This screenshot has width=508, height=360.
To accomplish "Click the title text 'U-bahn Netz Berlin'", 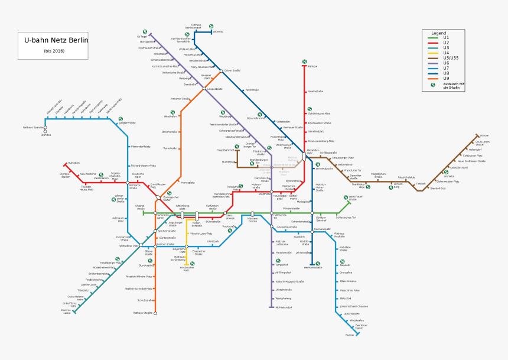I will (x=56, y=41).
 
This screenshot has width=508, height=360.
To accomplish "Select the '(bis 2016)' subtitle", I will (x=54, y=51).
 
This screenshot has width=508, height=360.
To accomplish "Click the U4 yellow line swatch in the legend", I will (x=434, y=53).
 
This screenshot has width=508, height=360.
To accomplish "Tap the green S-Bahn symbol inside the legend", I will (x=433, y=85).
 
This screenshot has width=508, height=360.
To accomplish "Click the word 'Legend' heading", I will (x=439, y=33).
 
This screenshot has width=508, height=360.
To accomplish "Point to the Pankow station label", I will (x=313, y=67).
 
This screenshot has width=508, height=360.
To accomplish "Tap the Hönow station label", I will (x=484, y=135).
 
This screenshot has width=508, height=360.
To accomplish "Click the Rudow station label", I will (x=350, y=335).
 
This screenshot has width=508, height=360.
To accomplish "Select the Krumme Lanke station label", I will (x=65, y=311).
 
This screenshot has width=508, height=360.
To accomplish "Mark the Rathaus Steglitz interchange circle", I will (x=155, y=313).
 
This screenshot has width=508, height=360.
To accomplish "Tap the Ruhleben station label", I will (x=74, y=163).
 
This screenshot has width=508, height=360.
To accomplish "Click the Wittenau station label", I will (x=219, y=31).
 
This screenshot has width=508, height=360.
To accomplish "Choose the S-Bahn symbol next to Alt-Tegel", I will (x=145, y=32).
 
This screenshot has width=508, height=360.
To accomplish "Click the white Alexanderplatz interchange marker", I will (x=305, y=156).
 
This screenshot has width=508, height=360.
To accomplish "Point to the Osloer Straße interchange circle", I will (x=221, y=71).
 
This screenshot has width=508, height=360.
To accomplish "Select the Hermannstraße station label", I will (x=312, y=268).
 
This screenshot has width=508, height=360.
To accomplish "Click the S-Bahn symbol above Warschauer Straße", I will (x=346, y=197).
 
